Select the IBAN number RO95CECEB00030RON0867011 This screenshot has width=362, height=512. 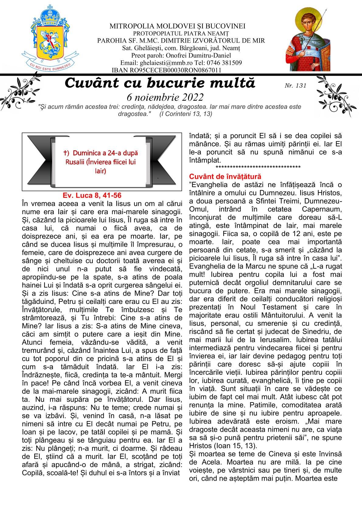coord(176,70)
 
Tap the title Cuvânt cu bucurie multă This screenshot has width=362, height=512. coord(160,83)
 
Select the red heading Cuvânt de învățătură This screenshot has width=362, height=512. coord(225,176)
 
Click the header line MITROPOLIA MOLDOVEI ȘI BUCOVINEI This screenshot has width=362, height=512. coord(178,26)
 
